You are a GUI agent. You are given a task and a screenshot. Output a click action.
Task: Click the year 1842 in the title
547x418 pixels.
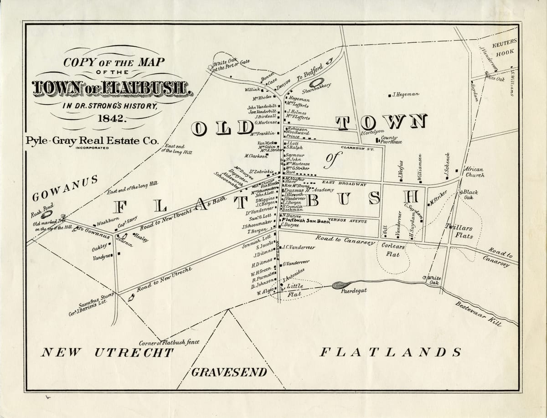pyautogui.click(x=111, y=119)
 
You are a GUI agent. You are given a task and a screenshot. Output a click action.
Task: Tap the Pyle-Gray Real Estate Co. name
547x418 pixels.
pyautogui.click(x=92, y=141)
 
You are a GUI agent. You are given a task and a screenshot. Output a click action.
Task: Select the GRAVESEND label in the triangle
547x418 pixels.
pyautogui.click(x=229, y=372)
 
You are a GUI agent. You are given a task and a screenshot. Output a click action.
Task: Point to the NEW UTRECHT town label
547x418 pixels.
pyautogui.click(x=108, y=352)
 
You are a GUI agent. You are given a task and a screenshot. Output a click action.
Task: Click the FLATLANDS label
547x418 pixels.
pyautogui.click(x=390, y=352)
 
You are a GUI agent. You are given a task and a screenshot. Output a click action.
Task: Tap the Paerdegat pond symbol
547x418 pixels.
pyautogui.click(x=341, y=285)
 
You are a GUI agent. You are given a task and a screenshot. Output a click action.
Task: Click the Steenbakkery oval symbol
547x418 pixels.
pyautogui.click(x=316, y=83)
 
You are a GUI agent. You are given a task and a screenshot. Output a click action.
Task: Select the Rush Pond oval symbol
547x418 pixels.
pyautogui.click(x=46, y=214)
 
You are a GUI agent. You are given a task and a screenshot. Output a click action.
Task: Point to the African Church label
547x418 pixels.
pyautogui.click(x=474, y=172)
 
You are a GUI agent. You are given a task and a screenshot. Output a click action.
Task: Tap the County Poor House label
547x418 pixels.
pyautogui.click(x=391, y=139)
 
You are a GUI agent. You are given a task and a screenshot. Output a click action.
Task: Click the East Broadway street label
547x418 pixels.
pyautogui.click(x=344, y=184)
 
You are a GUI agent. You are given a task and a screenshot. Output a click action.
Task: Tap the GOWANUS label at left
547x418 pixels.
pyautogui.click(x=65, y=188)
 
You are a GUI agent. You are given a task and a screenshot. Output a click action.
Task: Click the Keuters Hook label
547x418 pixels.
pyautogui.click(x=505, y=47)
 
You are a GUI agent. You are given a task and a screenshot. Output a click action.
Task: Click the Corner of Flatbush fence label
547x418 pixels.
pyautogui.click(x=169, y=342)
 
